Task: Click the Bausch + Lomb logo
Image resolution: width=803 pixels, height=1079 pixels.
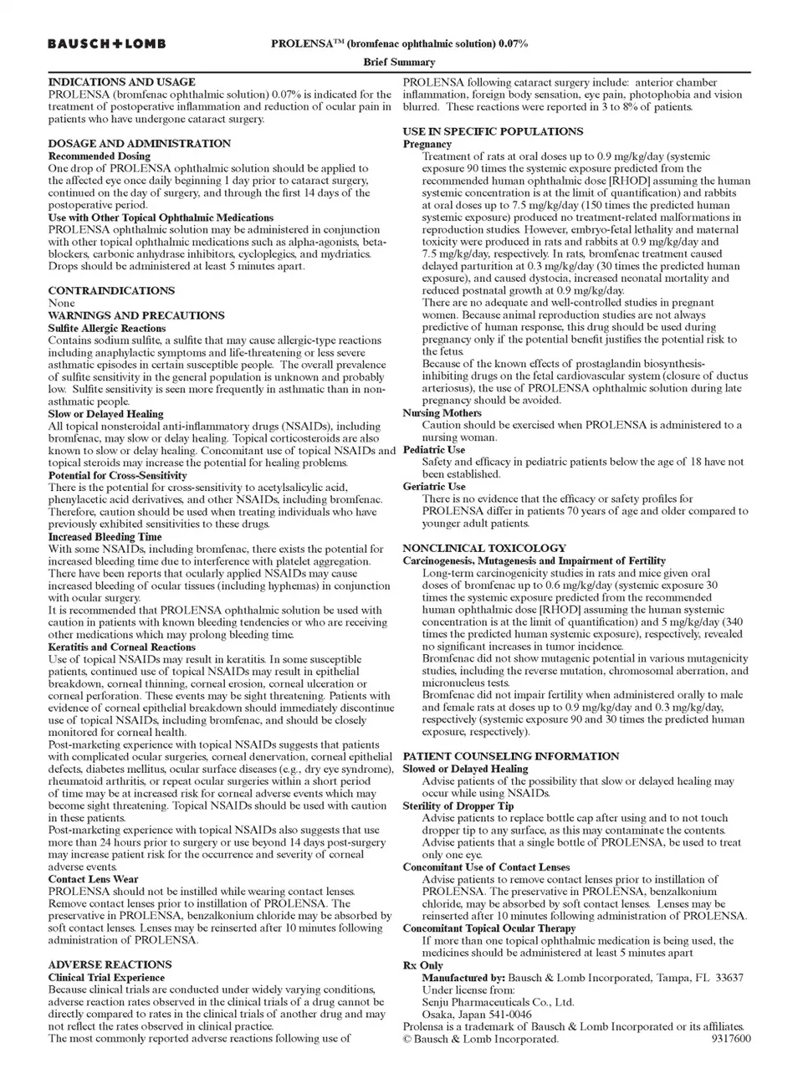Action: (x=106, y=43)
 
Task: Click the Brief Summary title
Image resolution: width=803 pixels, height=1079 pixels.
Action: (x=399, y=62)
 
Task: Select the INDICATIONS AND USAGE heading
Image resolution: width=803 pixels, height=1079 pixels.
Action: (x=121, y=82)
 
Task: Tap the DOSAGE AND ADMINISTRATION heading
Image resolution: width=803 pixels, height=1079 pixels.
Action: (x=139, y=143)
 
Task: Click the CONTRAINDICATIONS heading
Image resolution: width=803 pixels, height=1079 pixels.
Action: (x=111, y=290)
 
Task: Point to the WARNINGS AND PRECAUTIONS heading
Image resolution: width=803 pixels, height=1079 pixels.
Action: (x=136, y=315)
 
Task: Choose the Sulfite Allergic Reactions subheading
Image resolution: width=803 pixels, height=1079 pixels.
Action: (x=107, y=328)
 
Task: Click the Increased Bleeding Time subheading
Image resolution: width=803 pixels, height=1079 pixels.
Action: (x=105, y=537)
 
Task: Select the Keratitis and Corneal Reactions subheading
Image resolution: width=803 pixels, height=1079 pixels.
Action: (x=121, y=647)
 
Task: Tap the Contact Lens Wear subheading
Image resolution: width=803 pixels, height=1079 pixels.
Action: (x=93, y=879)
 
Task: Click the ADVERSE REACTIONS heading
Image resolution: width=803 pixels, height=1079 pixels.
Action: (x=110, y=964)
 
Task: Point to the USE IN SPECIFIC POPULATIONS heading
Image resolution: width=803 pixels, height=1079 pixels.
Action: (x=493, y=131)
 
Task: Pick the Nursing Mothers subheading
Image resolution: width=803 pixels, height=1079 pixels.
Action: (x=442, y=412)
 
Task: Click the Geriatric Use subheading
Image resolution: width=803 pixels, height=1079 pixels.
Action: (x=434, y=486)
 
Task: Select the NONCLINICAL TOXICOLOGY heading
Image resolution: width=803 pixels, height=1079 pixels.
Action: (x=484, y=548)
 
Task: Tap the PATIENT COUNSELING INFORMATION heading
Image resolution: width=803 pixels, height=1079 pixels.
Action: (x=511, y=756)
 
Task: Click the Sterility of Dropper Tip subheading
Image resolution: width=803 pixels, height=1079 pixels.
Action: (x=458, y=805)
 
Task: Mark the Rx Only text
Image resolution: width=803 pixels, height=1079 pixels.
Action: (x=423, y=965)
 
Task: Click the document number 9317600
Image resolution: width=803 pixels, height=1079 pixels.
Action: (x=731, y=1039)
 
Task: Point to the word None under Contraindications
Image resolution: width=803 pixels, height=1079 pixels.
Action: (x=61, y=303)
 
